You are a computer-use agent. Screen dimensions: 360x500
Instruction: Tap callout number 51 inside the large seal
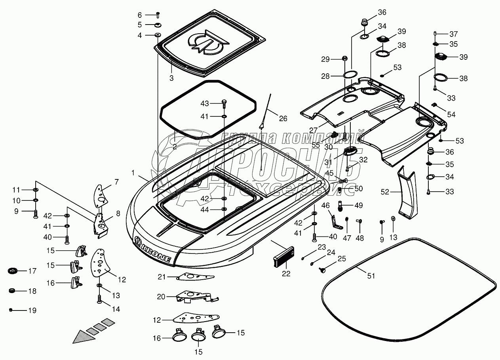(x=371, y=276)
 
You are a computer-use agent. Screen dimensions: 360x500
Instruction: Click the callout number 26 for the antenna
(x=283, y=118)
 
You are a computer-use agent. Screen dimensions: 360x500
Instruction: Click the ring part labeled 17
(x=13, y=271)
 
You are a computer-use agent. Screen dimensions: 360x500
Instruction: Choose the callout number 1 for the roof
(x=133, y=173)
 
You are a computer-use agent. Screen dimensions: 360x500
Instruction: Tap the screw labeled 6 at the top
(x=158, y=15)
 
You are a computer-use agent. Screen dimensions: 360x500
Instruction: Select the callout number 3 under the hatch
(x=171, y=78)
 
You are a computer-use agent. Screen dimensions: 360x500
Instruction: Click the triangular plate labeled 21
(x=194, y=277)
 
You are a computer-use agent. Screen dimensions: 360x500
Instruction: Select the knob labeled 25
(x=322, y=270)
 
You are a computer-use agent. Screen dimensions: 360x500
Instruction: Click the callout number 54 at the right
(x=451, y=114)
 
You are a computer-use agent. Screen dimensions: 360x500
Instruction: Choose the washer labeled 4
(x=158, y=35)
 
